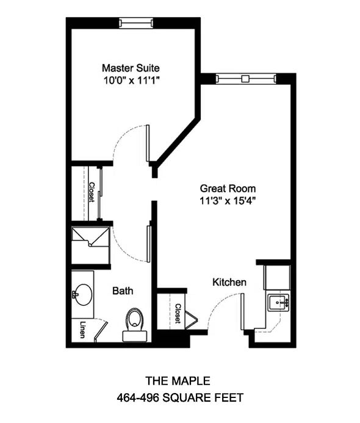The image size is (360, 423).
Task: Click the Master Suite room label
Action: [x=131, y=68]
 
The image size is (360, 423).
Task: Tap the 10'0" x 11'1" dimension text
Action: [x=131, y=81]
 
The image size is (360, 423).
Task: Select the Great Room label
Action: [x=228, y=188]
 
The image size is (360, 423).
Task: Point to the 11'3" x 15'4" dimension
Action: [x=228, y=201]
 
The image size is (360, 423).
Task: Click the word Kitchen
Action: [x=229, y=282]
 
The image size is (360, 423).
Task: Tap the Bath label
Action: [x=123, y=291]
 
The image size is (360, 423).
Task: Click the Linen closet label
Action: [x=82, y=330]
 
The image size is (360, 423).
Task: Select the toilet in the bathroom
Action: [x=135, y=325]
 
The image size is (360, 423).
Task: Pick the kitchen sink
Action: [x=279, y=303]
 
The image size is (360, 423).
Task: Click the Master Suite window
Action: [x=136, y=23]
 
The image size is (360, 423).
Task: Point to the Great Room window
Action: [x=246, y=79]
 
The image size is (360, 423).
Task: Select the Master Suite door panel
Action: [x=148, y=143]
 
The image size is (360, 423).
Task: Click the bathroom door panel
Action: [x=149, y=244]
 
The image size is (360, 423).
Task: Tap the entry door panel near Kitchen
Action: [x=242, y=311]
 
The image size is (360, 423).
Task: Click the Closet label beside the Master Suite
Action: [x=92, y=192]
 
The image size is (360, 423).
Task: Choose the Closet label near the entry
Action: [x=178, y=314]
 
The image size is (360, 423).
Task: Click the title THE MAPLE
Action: [x=178, y=381]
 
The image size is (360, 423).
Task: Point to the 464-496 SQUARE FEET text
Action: [x=180, y=397]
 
